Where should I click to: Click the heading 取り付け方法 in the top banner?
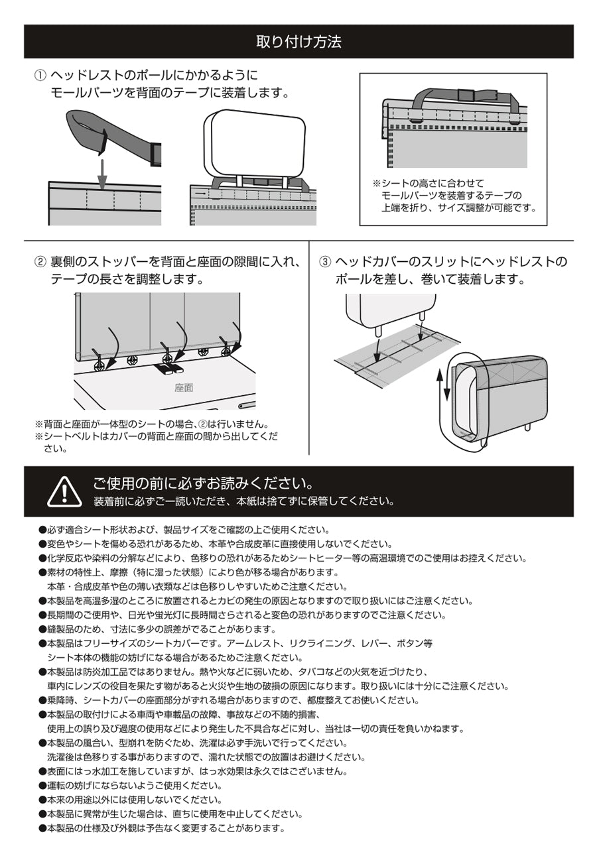298,42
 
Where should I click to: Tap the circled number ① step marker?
40,76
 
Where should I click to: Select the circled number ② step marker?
40,262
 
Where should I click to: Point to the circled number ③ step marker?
325,262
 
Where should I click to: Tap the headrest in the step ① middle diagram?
255,141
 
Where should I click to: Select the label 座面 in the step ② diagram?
184,387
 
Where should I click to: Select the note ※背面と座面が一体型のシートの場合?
153,424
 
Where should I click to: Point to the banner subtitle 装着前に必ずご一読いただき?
245,501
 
